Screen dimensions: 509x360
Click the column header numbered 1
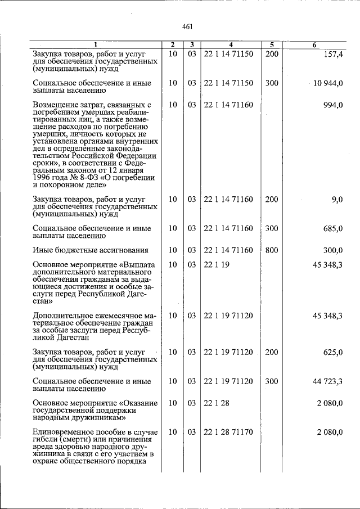[95, 44]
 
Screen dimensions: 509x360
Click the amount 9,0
[337, 199]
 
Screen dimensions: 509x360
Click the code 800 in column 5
[272, 250]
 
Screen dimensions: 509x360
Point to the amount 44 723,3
[327, 381]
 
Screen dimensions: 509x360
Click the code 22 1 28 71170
[228, 432]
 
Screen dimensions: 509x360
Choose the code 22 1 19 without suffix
[216, 264]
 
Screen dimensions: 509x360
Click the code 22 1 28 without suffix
[216, 403]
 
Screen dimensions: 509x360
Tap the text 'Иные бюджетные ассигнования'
[90, 250]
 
